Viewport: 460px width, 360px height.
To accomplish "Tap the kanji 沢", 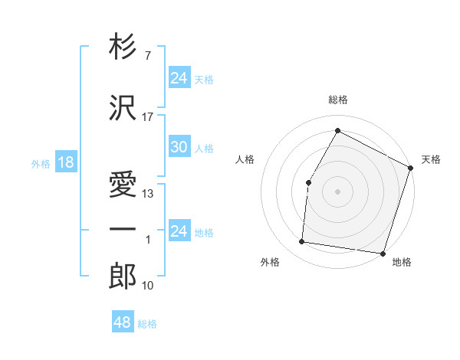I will [x=123, y=108].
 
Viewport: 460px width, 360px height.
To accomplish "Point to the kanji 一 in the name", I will [x=123, y=229].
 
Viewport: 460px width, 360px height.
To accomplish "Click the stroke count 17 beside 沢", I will [x=148, y=117].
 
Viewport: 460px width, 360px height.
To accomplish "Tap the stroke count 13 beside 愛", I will [x=148, y=194].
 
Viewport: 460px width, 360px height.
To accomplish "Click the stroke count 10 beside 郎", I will [x=148, y=286].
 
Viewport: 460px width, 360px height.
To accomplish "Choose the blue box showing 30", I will [x=179, y=147].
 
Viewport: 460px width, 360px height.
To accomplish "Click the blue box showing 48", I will [x=123, y=323].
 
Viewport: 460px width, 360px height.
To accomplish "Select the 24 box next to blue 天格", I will [x=179, y=78].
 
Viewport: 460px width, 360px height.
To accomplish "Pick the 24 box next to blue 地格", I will [x=179, y=232].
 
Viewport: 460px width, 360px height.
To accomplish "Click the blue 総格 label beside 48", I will [x=147, y=324].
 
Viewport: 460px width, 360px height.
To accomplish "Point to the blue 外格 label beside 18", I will [x=40, y=164].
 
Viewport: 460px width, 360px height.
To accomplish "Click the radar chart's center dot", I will [x=337, y=191].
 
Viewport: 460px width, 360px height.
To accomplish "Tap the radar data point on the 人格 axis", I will [x=308, y=182].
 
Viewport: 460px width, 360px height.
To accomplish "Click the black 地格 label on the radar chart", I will [x=402, y=262].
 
